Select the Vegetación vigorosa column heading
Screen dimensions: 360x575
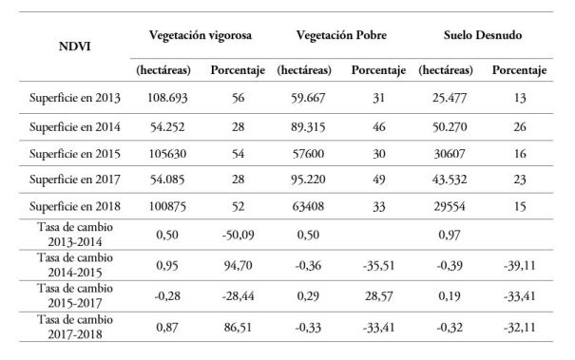click(x=200, y=34)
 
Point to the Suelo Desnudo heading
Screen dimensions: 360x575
click(x=485, y=34)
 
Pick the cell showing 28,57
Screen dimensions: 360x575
click(x=378, y=296)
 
